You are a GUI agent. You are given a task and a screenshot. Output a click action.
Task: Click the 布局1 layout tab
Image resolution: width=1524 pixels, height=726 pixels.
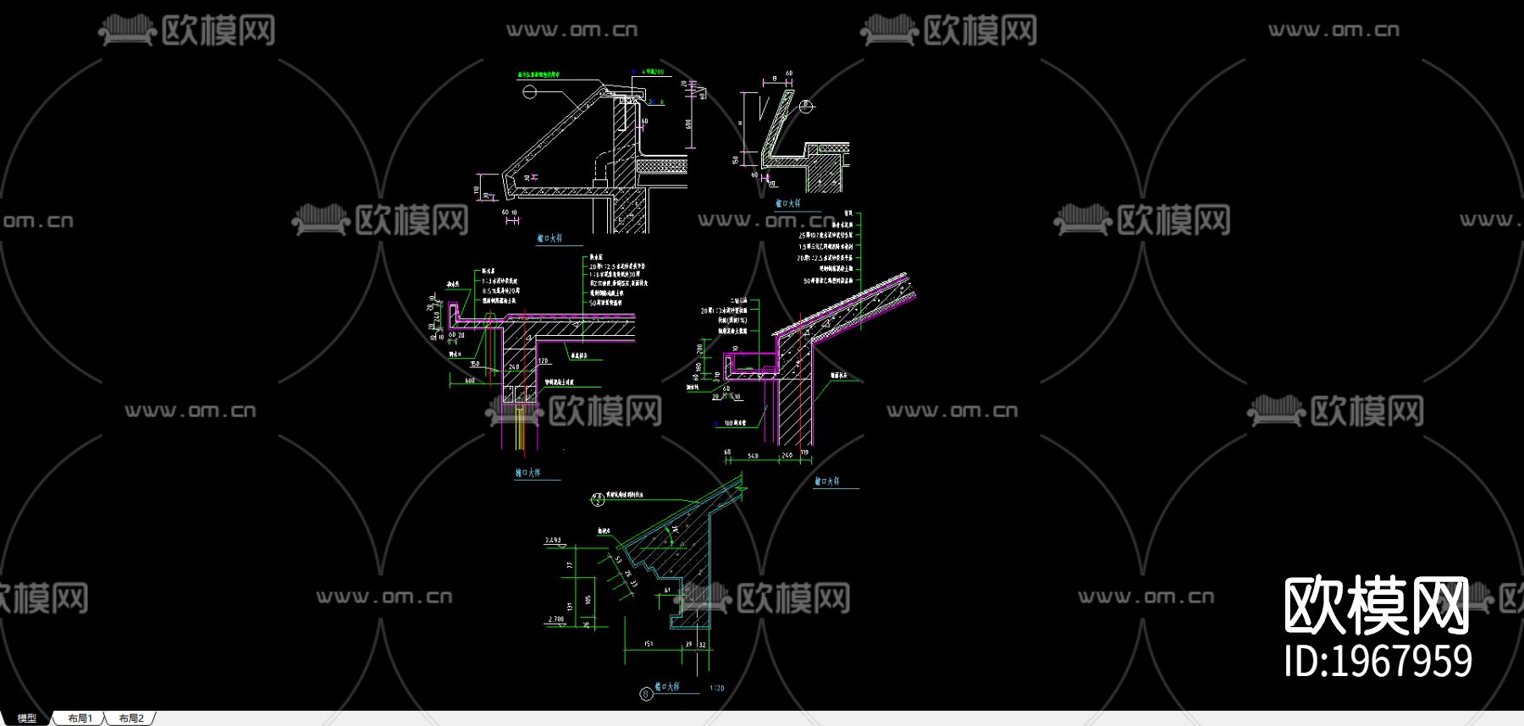[80, 718]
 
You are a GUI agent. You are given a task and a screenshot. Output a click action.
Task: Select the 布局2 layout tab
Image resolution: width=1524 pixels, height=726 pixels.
[131, 718]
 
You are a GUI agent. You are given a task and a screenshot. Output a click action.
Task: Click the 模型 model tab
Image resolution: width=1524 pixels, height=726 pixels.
[27, 718]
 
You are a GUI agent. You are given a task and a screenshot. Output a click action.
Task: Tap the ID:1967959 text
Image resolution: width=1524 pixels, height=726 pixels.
[1378, 662]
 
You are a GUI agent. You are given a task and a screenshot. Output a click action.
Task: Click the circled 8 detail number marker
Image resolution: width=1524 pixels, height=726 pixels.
[646, 694]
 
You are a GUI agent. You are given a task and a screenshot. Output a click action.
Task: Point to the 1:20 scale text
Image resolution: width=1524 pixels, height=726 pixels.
[716, 688]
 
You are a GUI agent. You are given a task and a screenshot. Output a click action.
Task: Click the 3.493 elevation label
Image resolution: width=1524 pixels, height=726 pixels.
[553, 540]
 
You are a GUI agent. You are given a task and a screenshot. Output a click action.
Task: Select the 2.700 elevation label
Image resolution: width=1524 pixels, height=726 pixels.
[556, 619]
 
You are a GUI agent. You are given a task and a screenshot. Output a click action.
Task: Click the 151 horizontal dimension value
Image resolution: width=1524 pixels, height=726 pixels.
[649, 644]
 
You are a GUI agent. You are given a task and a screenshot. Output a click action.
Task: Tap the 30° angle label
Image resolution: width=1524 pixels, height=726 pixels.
[675, 529]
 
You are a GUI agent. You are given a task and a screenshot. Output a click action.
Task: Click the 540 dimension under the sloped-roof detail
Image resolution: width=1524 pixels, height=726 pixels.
[753, 456]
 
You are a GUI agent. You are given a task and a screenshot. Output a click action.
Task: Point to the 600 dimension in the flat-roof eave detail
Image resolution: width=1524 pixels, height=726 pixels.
[470, 381]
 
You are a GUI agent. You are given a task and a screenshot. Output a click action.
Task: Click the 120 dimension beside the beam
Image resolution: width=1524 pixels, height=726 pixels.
[543, 360]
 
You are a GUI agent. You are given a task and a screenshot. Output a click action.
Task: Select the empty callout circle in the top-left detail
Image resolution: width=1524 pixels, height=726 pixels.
[529, 91]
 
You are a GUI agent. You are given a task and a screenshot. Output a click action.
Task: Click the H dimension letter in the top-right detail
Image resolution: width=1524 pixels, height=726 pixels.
[741, 124]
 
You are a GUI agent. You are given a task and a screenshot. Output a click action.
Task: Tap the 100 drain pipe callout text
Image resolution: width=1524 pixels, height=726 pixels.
[734, 422]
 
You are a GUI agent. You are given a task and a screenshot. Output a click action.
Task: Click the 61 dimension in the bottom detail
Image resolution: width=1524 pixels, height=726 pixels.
[667, 590]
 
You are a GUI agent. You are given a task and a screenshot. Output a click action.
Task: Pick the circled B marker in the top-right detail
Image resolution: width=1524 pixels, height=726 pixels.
[806, 107]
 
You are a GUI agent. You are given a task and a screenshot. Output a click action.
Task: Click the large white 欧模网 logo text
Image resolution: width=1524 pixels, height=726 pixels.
[1377, 605]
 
